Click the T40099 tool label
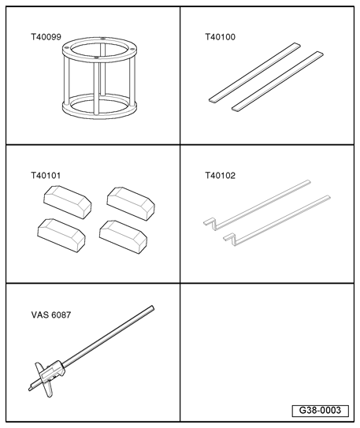pos(46,37)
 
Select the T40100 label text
pos(220,37)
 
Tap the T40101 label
pos(46,175)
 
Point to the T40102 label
pos(220,175)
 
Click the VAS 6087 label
pos(51,314)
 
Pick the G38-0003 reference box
pos(320,411)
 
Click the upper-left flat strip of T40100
pos(254,73)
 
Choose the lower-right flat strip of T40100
pos(277,81)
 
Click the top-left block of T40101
pos(68,202)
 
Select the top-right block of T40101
pos(131,203)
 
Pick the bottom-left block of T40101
pos(61,236)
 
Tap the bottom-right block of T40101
pos(123,237)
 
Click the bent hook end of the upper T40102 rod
pos(210,223)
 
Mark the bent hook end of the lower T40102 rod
pos(231,238)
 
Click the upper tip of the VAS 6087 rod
pos(153,308)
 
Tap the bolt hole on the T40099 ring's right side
pos(132,50)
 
